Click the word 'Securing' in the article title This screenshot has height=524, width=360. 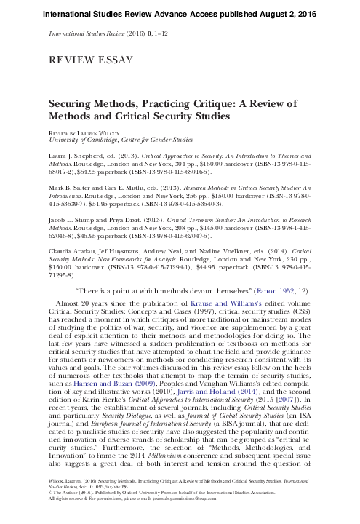coord(72,103)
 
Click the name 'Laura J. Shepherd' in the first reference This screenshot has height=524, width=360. coord(77,156)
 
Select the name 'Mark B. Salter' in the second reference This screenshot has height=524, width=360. coord(73,185)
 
